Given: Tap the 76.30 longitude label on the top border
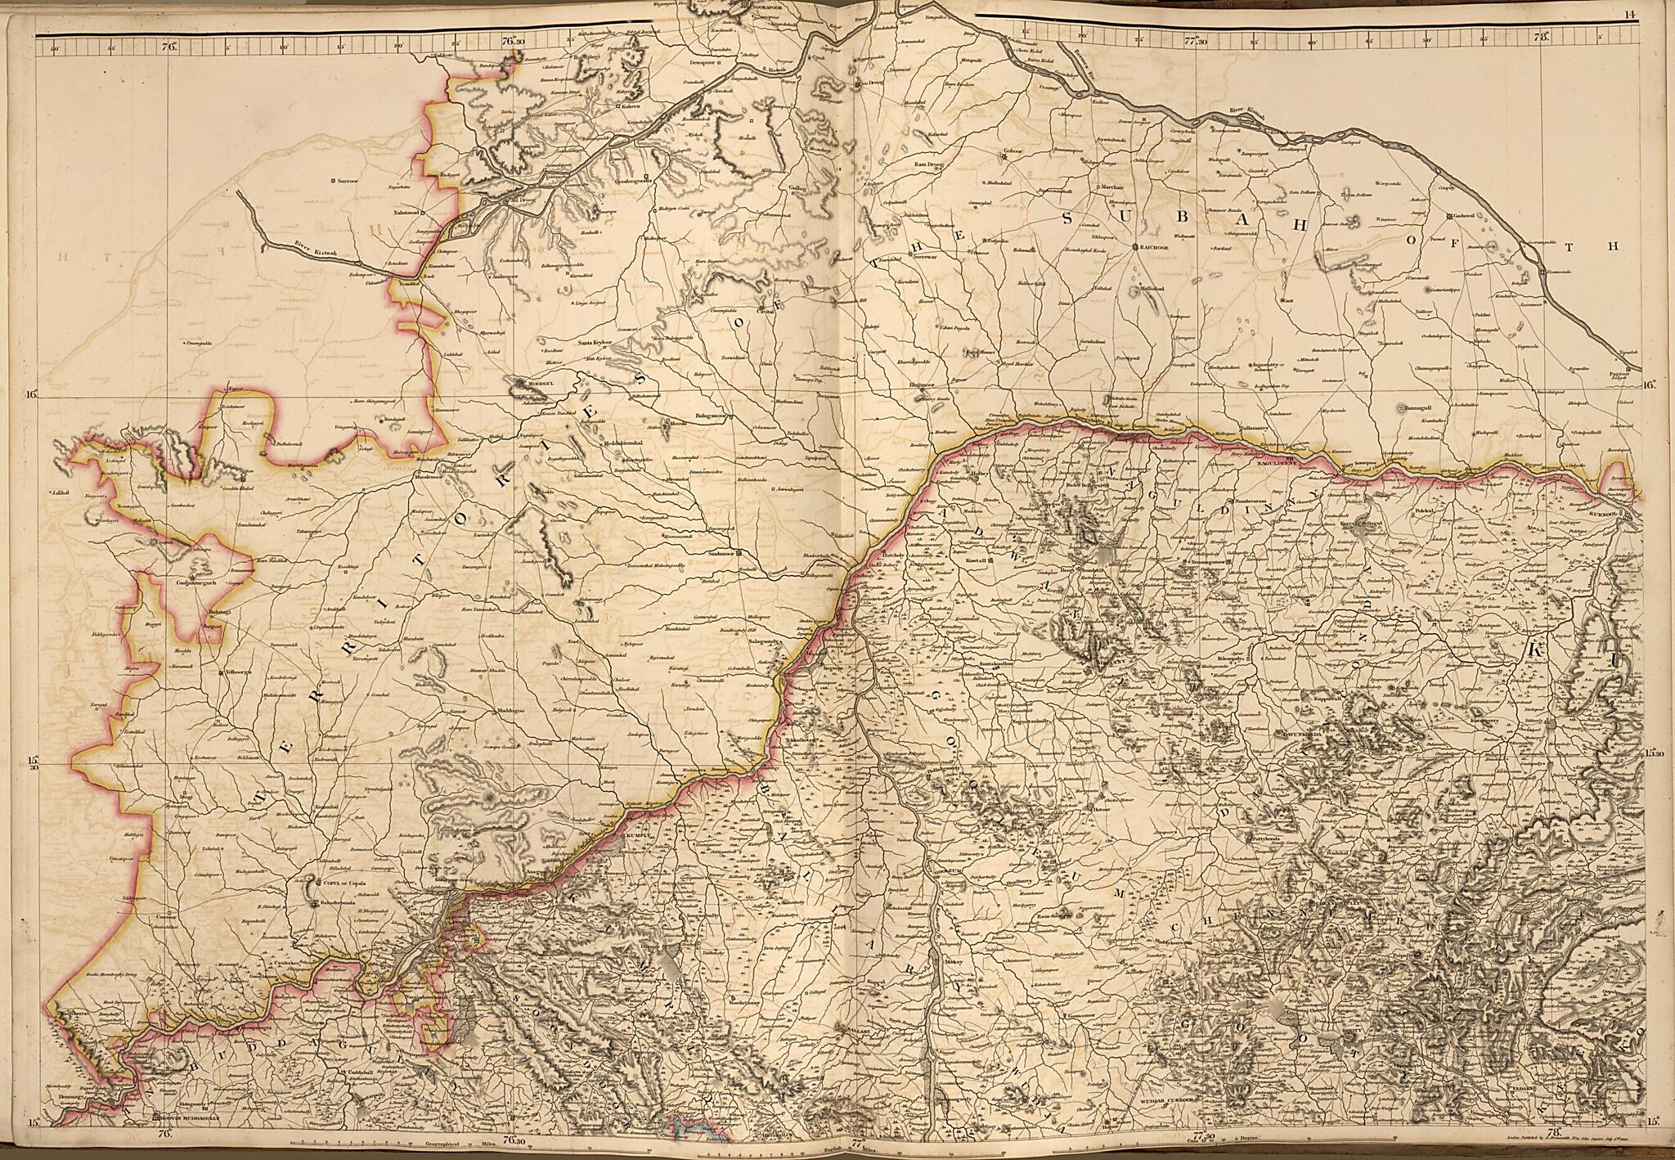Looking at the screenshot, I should point(512,38).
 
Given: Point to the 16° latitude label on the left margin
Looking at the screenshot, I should point(30,395).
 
